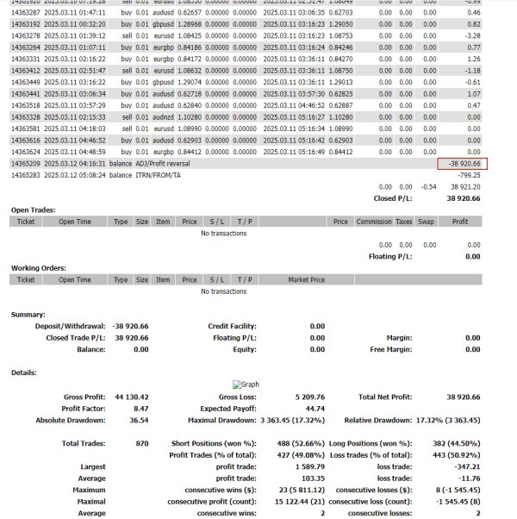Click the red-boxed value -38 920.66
point(463,163)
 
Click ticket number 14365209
point(25,163)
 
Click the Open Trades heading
point(34,209)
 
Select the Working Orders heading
point(38,267)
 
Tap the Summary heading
point(28,315)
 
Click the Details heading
point(24,372)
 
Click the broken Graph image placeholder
point(246,385)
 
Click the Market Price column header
point(306,279)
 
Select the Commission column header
point(374,222)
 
